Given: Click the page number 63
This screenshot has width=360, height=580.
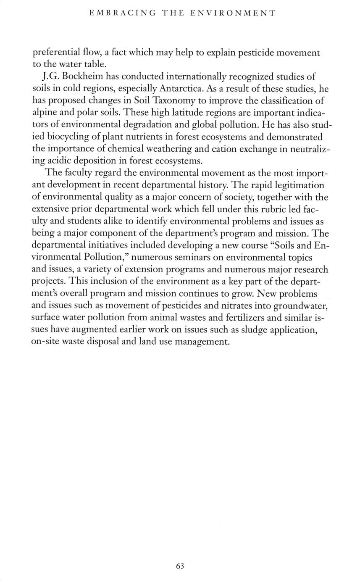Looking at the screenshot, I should click(x=180, y=566).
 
